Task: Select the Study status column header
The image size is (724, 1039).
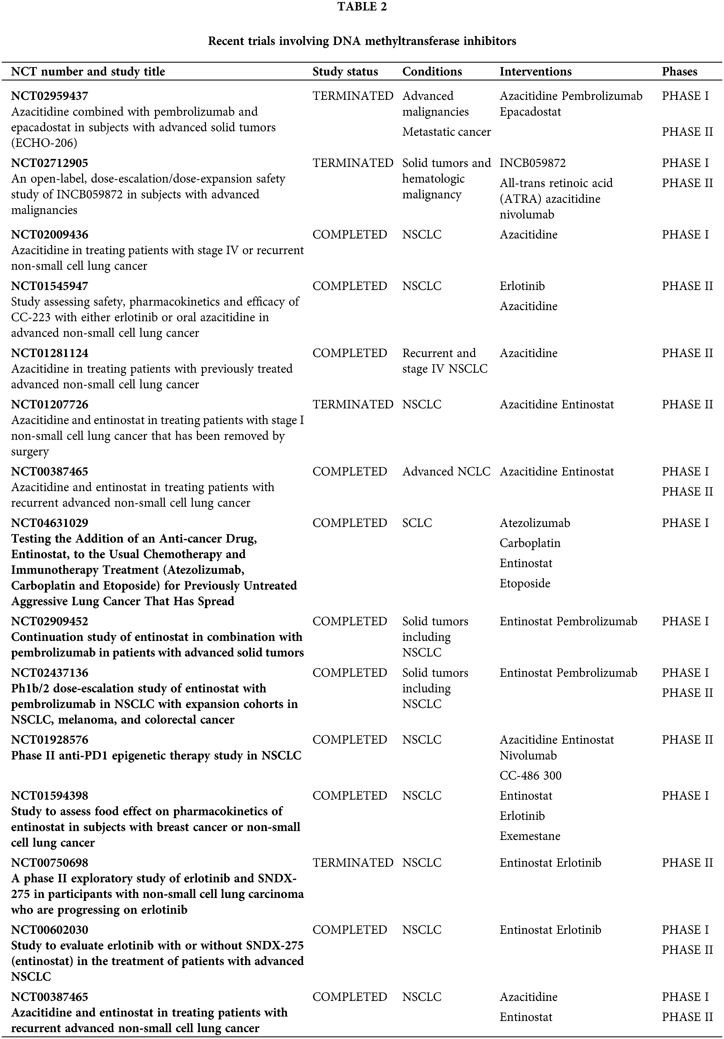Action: [345, 72]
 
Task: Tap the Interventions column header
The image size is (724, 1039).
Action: [535, 72]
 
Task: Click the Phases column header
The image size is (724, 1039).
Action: [679, 72]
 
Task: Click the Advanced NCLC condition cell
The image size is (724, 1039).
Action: [446, 472]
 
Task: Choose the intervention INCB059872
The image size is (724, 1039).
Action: [532, 163]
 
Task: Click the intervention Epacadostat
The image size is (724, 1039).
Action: [530, 112]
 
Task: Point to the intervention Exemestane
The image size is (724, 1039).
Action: [530, 836]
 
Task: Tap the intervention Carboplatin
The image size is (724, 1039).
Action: [530, 543]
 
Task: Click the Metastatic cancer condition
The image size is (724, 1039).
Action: [446, 132]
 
